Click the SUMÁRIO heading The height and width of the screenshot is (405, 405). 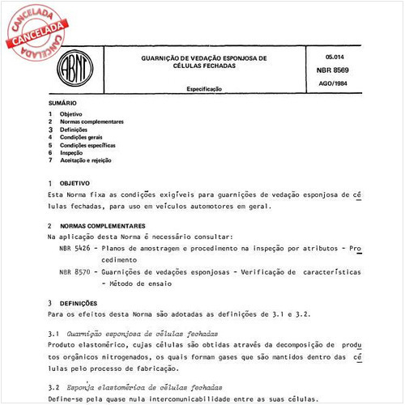[x=62, y=104]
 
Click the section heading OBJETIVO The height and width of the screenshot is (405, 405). [x=75, y=184]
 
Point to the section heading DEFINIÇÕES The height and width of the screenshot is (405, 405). [x=79, y=302]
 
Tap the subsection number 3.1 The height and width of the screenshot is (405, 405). [x=54, y=334]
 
